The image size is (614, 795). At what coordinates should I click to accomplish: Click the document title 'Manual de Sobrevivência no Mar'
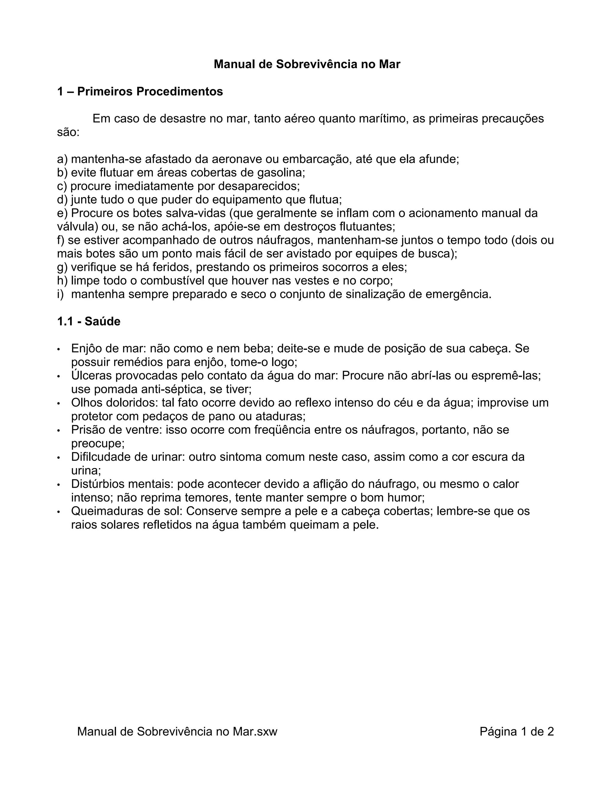(307, 64)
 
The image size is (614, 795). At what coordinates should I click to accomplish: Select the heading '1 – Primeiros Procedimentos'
(140, 91)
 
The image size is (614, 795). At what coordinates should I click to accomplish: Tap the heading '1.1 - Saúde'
(89, 321)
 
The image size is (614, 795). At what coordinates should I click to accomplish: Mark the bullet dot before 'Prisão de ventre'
(58, 430)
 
